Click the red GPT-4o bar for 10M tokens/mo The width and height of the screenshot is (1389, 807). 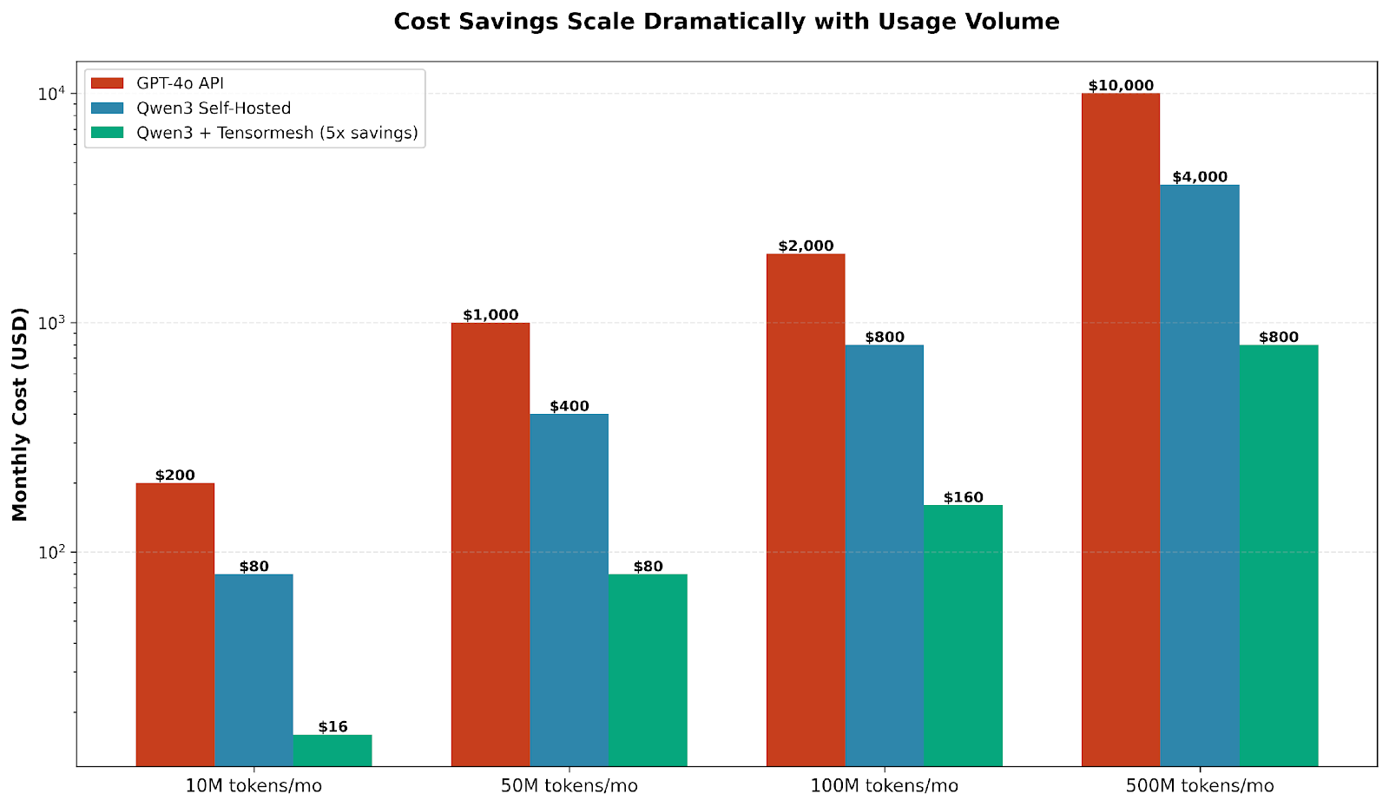pyautogui.click(x=175, y=625)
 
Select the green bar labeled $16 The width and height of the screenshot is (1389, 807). pyautogui.click(x=332, y=751)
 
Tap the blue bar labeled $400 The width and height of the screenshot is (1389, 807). pyautogui.click(x=569, y=590)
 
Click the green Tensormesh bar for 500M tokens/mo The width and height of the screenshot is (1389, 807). pyautogui.click(x=1278, y=555)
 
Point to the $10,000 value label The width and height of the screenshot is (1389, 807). pyautogui.click(x=1121, y=86)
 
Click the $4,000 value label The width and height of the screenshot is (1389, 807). pyautogui.click(x=1200, y=177)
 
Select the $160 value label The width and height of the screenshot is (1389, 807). pyautogui.click(x=963, y=498)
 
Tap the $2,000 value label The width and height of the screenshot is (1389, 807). pyautogui.click(x=806, y=246)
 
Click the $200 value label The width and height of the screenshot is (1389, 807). pyautogui.click(x=175, y=476)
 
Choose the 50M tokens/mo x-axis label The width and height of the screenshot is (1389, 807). pyautogui.click(x=569, y=787)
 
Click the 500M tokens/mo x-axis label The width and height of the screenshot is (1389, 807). pyautogui.click(x=1200, y=787)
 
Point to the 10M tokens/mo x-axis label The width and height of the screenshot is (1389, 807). pyautogui.click(x=253, y=787)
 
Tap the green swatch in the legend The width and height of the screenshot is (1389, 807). pyautogui.click(x=109, y=133)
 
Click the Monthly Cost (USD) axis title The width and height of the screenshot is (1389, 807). pyautogui.click(x=21, y=414)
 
